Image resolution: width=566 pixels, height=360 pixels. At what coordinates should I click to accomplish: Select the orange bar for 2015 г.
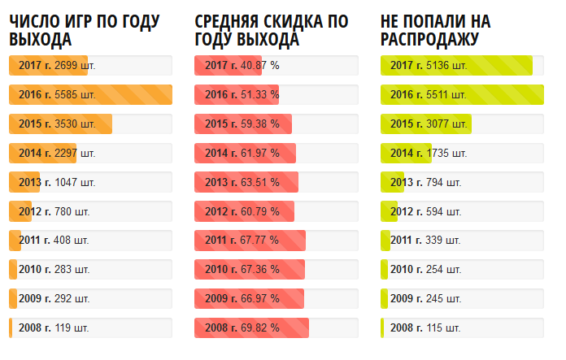pyautogui.click(x=60, y=124)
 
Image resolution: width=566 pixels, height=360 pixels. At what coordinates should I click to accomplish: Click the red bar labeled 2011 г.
pyautogui.click(x=250, y=241)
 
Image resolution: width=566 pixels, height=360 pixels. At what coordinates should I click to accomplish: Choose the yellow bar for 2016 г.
pyautogui.click(x=462, y=95)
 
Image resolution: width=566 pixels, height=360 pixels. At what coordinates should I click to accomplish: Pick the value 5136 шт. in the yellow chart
pyautogui.click(x=446, y=66)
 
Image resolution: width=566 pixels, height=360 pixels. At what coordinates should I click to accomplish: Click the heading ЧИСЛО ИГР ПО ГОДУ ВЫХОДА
pyautogui.click(x=84, y=30)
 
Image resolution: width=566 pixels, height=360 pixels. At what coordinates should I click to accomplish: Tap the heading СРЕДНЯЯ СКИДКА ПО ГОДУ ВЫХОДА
pyautogui.click(x=271, y=30)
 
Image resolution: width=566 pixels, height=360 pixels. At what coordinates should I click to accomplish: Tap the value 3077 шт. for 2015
pyautogui.click(x=446, y=124)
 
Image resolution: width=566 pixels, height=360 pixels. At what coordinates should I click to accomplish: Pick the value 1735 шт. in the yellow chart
pyautogui.click(x=446, y=153)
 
